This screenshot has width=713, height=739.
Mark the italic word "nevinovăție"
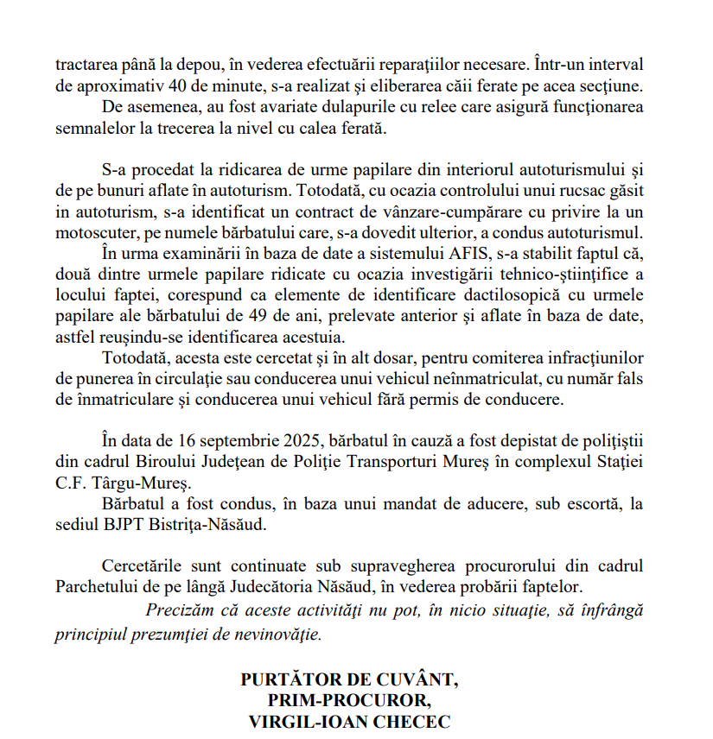pyautogui.click(x=280, y=634)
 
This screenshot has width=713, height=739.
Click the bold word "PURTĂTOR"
pyautogui.click(x=291, y=679)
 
